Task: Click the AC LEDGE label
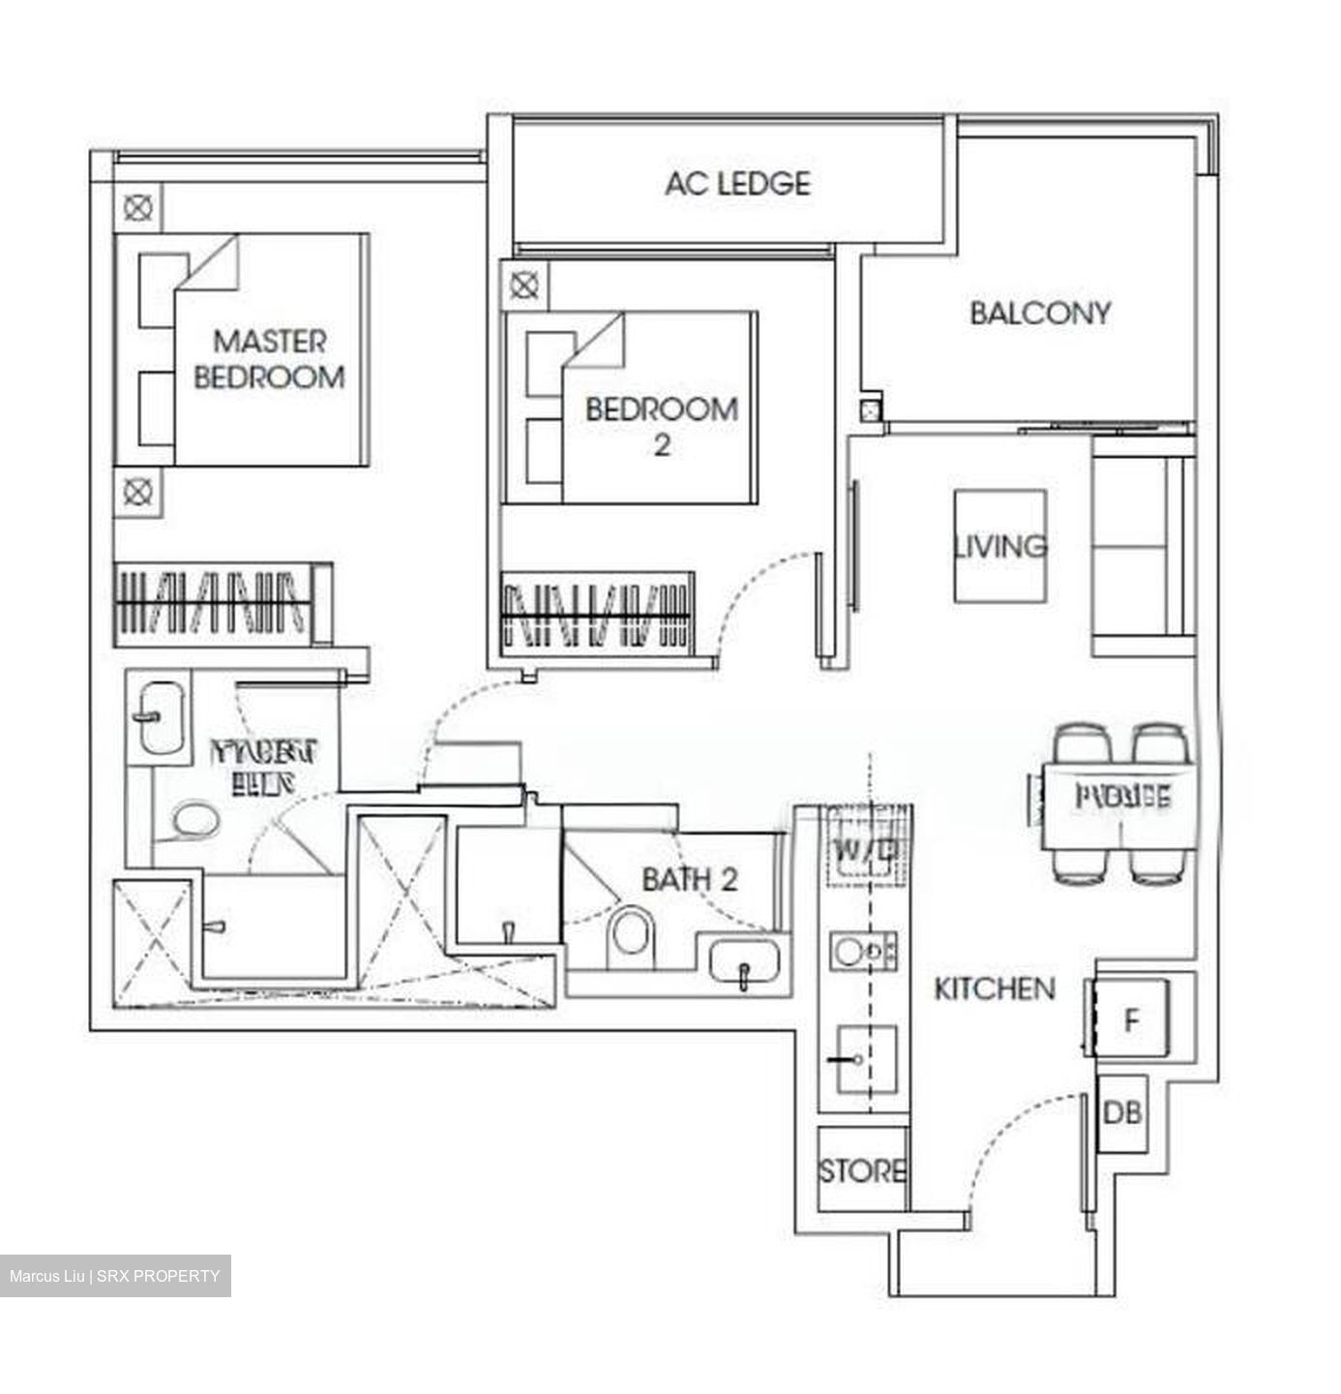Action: coord(736,183)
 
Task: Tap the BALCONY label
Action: coord(1040,313)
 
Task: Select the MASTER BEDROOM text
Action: coord(269,358)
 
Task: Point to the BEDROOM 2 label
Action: coord(662,425)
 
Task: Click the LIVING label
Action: coord(1000,546)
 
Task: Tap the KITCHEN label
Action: coord(994,988)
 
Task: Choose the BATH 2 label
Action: coord(690,879)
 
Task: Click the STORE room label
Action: coord(862,1171)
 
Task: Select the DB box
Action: coord(1122,1113)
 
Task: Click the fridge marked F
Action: coord(1130,1020)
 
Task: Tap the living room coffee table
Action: coord(1000,546)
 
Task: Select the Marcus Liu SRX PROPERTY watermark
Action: coord(115,1276)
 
